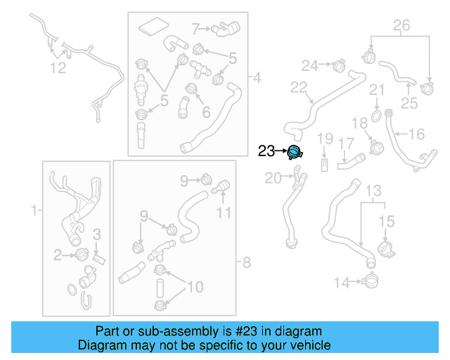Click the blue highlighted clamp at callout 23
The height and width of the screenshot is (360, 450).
[x=294, y=150]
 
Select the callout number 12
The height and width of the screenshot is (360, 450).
[x=58, y=68]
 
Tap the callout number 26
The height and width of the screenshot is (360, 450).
[x=401, y=27]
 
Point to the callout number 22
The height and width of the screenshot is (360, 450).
[x=299, y=88]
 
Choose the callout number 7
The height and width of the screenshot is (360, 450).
[x=197, y=29]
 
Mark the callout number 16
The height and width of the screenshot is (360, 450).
[x=417, y=134]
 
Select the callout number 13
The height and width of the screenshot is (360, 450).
[x=373, y=191]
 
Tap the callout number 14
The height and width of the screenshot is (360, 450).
[x=341, y=283]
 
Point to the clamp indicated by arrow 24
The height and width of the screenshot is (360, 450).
[x=338, y=67]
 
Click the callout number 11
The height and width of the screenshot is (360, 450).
[x=223, y=212]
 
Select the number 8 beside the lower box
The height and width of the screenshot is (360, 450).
[x=245, y=264]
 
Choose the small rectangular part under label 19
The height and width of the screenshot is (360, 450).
[x=324, y=165]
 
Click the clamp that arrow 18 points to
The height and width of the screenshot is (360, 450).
[x=375, y=148]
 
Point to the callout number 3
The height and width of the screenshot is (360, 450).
[x=98, y=233]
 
